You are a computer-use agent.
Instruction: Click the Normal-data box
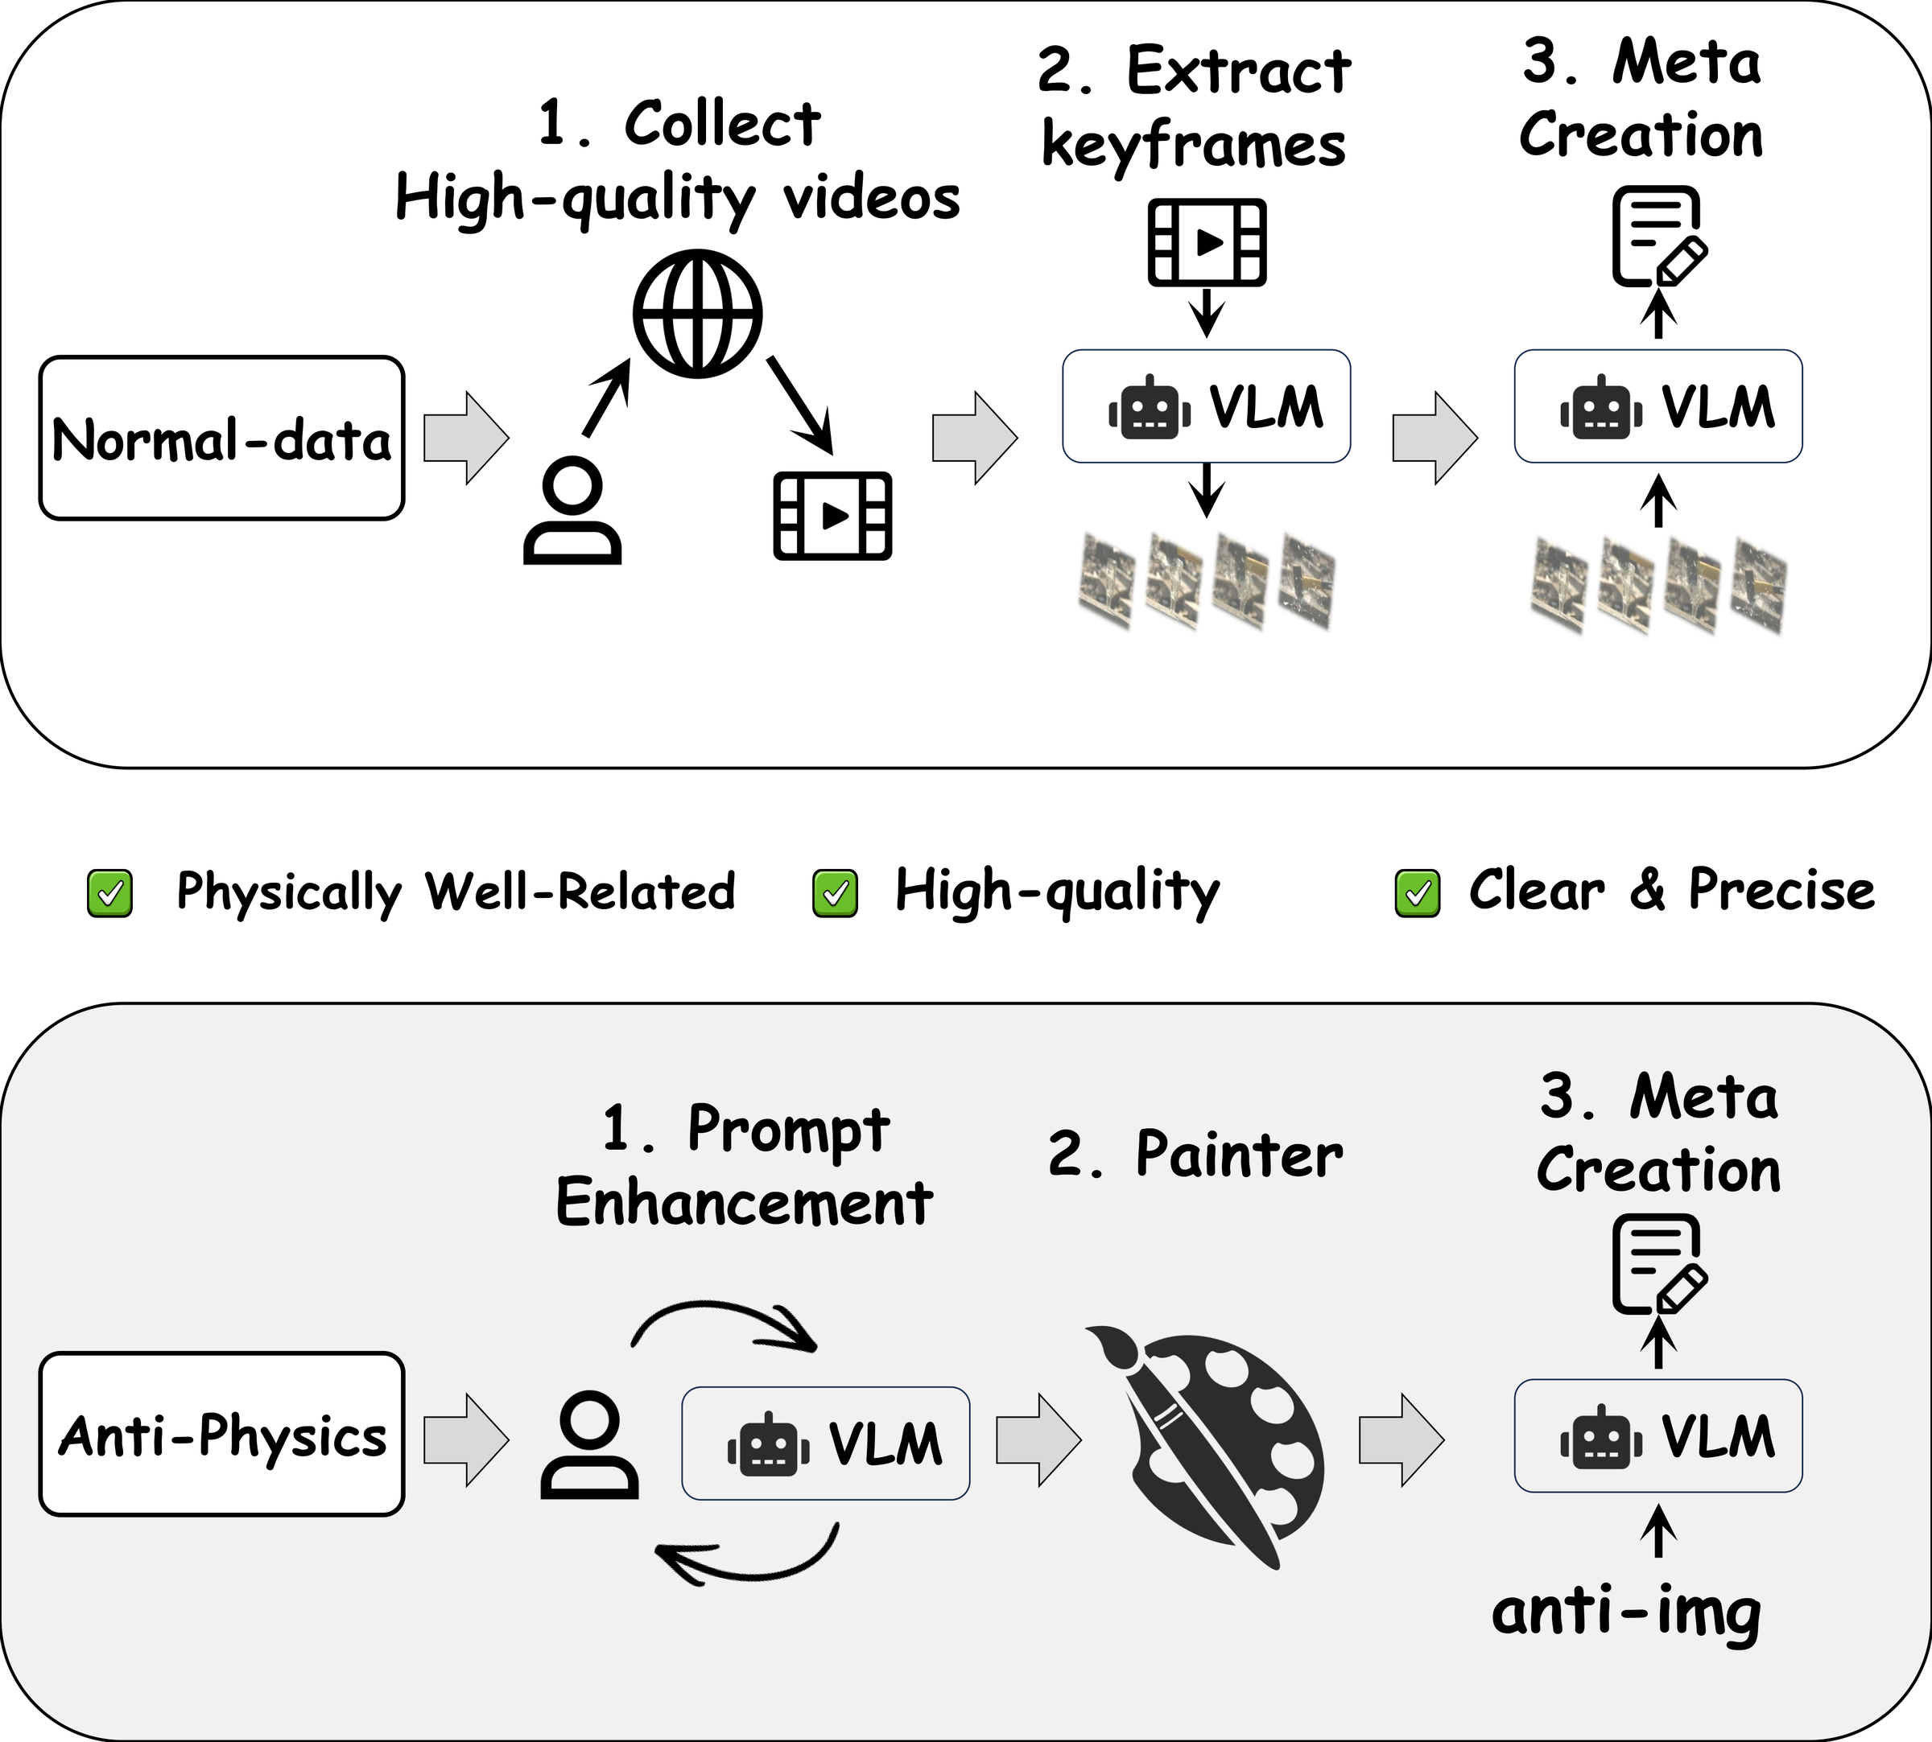point(221,439)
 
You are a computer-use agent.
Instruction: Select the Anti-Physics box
point(221,1434)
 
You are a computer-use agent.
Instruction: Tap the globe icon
point(697,314)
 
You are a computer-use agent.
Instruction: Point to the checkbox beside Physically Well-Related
point(110,894)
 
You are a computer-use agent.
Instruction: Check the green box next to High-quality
point(835,894)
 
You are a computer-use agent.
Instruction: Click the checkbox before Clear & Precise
point(1418,894)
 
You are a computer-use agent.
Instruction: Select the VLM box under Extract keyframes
point(1207,406)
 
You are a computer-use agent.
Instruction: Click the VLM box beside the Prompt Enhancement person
point(825,1443)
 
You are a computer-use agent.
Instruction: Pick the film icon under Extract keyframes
point(1207,242)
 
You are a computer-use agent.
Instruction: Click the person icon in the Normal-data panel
point(572,510)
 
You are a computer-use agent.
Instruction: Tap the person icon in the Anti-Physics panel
point(590,1444)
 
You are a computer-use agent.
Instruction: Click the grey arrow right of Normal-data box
point(466,438)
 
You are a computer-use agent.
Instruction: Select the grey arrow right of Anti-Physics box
point(466,1439)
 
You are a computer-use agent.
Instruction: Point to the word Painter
point(1239,1155)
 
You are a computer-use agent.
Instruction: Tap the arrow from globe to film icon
point(800,405)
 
